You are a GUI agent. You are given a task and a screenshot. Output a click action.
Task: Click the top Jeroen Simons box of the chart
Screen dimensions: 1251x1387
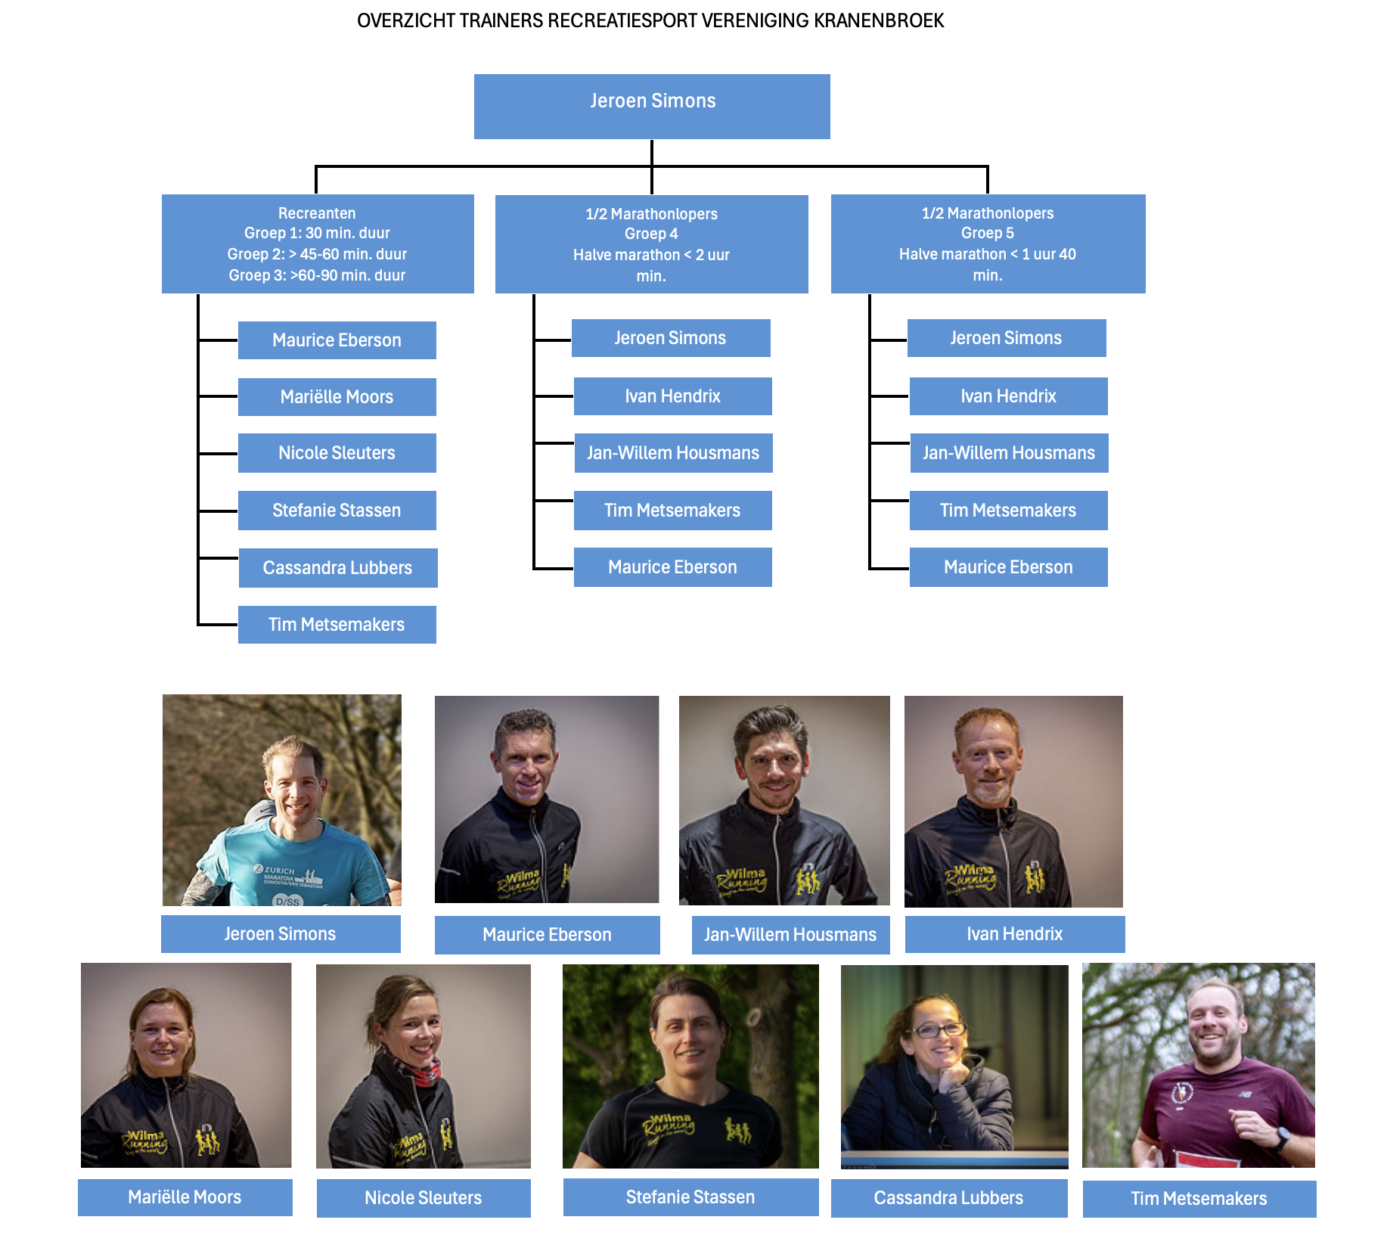coord(652,106)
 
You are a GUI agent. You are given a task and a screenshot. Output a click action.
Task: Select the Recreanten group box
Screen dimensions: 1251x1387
coord(318,244)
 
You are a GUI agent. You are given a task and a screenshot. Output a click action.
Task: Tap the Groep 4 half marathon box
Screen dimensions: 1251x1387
coord(651,244)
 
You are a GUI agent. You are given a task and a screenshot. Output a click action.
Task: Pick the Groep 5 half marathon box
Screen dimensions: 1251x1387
coord(988,244)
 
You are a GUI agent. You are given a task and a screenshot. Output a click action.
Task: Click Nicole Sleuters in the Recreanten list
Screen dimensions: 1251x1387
coord(337,453)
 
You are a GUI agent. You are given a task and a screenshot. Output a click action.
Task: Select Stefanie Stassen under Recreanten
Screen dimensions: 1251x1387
coord(337,511)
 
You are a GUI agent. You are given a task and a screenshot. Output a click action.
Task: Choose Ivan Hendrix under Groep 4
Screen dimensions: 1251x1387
coord(672,396)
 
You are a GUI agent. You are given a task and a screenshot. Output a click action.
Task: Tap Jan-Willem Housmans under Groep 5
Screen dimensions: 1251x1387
coord(1009,453)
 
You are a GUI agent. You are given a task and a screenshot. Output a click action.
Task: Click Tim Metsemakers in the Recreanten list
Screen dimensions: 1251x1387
coord(337,625)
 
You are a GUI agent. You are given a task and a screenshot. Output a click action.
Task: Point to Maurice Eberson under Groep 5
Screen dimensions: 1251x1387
coord(1008,567)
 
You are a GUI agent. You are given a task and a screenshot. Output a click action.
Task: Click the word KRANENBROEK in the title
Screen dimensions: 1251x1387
coord(879,20)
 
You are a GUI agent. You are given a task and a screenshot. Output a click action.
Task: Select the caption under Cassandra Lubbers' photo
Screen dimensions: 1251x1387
coord(948,1198)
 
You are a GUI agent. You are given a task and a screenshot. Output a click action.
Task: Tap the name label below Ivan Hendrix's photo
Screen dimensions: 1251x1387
coord(1014,934)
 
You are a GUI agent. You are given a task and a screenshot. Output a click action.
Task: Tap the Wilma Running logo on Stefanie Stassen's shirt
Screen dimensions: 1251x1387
coord(669,1125)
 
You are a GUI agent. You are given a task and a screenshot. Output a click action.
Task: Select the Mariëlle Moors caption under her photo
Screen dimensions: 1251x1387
coord(185,1197)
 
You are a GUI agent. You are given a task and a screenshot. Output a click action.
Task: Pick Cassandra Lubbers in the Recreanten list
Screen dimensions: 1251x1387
coord(337,568)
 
